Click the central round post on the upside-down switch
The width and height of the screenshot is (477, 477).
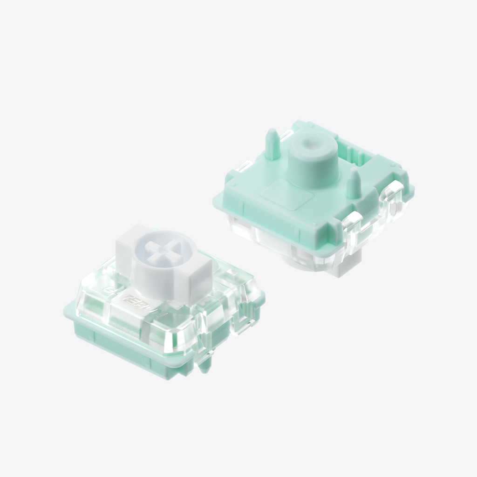coord(311,161)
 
